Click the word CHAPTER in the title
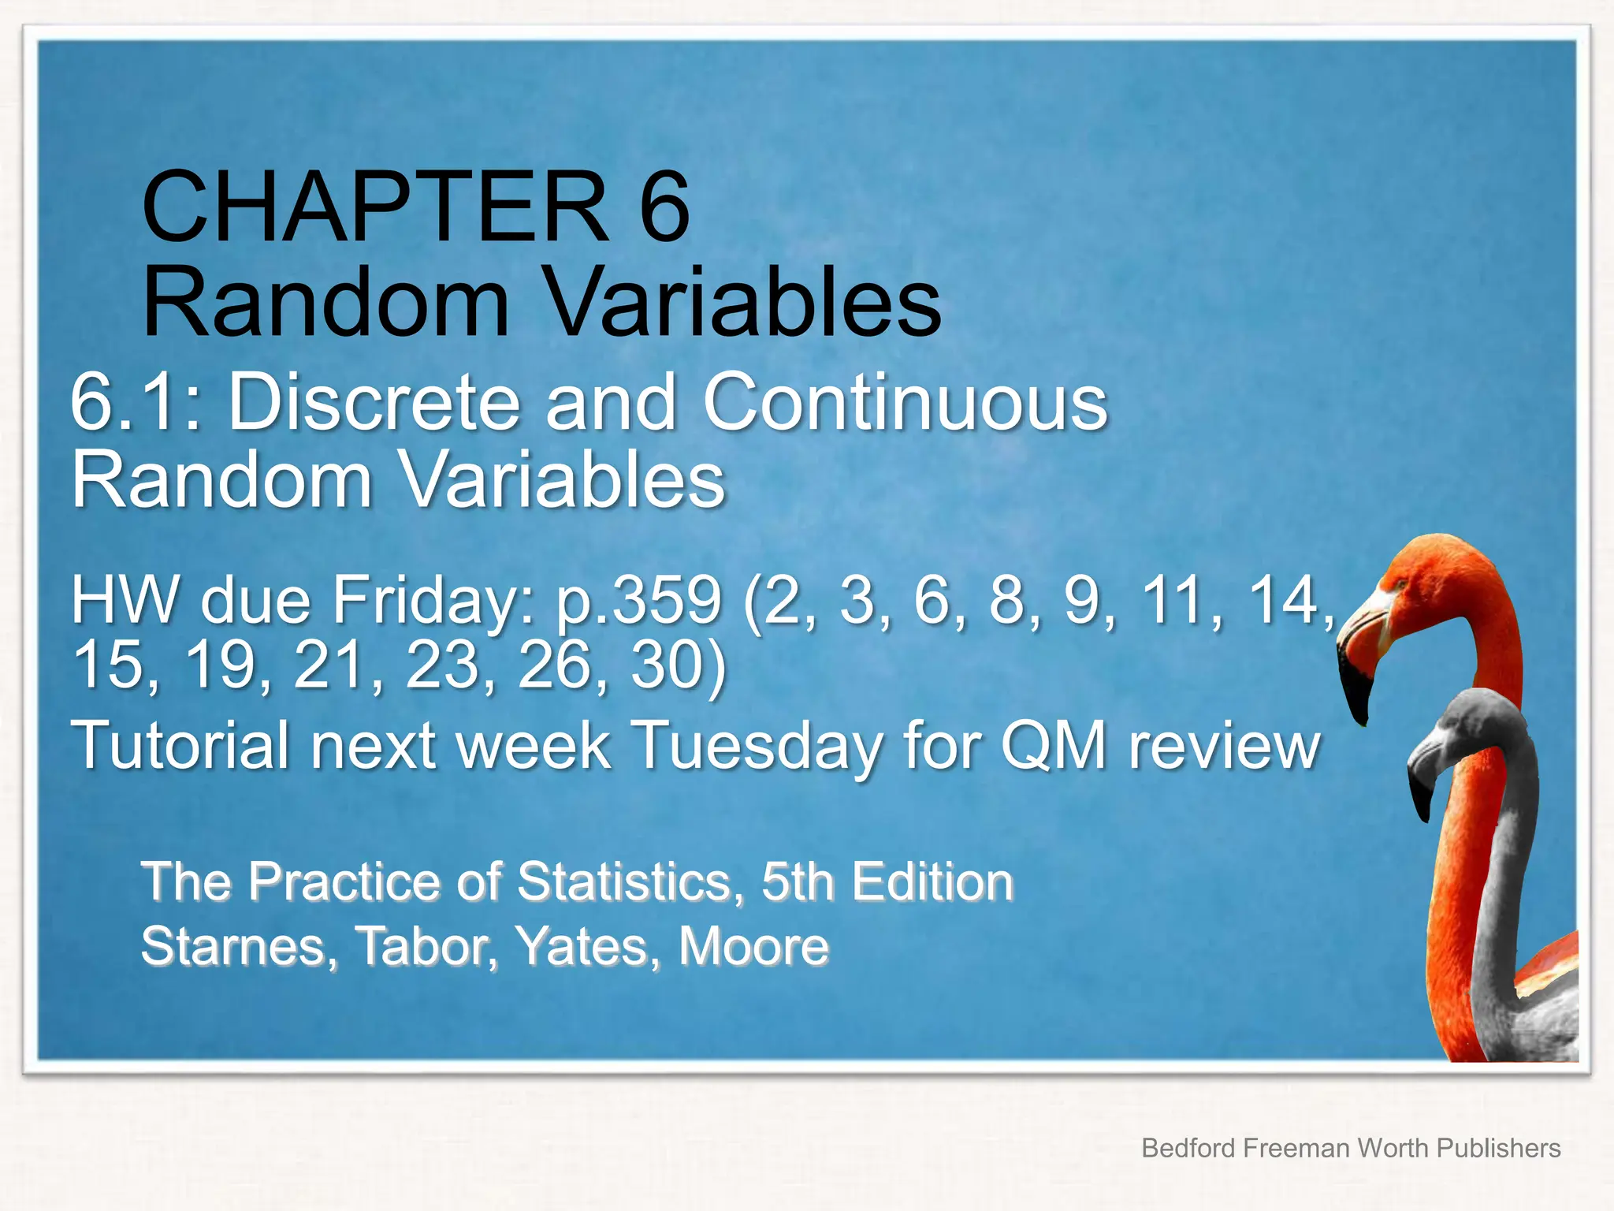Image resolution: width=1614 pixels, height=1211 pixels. [x=375, y=207]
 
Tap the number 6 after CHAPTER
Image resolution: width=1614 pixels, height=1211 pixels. [x=664, y=207]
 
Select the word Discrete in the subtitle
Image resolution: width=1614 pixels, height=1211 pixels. [x=374, y=403]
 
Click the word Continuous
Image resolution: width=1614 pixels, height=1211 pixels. [x=905, y=403]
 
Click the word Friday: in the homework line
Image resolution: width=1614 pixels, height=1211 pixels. [x=435, y=601]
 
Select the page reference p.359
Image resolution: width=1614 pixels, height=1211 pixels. [x=638, y=601]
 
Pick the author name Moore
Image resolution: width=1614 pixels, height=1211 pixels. [x=753, y=946]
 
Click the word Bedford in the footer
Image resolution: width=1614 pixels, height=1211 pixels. [x=1188, y=1148]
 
